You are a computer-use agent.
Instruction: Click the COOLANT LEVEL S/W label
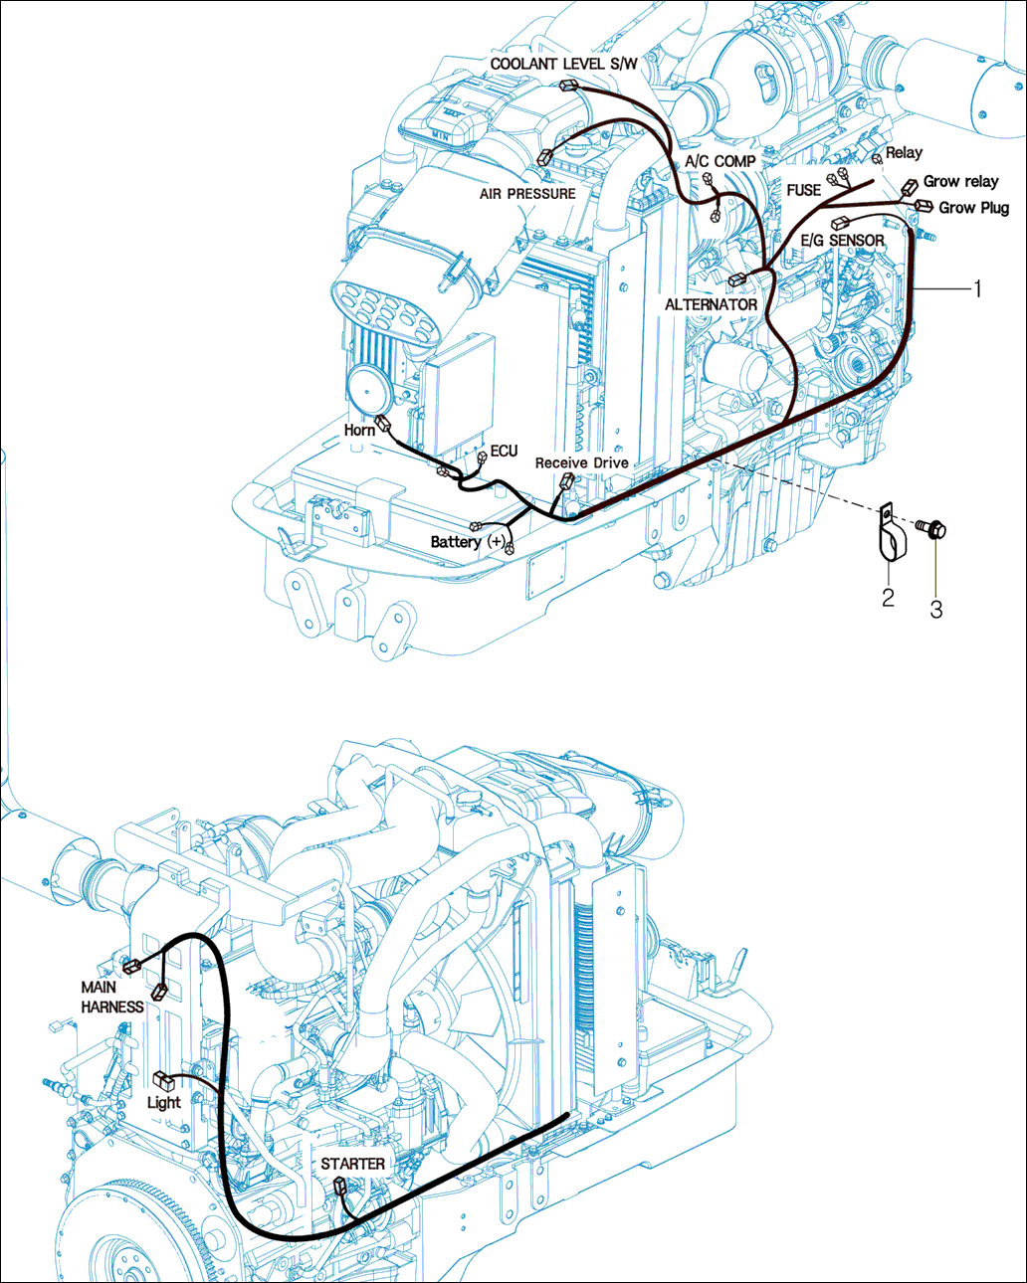(x=563, y=64)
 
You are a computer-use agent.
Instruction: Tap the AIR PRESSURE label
(x=527, y=193)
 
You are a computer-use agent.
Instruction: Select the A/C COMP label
(x=719, y=161)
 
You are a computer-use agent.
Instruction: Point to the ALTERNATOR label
(x=711, y=304)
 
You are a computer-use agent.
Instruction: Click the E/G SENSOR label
(x=842, y=241)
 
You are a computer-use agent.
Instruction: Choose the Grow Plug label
(x=973, y=208)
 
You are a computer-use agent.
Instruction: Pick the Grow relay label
(x=960, y=181)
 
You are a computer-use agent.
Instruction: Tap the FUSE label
(x=803, y=190)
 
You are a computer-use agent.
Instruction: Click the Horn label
(x=359, y=430)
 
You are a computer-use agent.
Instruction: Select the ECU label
(x=504, y=451)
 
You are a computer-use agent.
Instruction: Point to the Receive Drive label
(x=581, y=462)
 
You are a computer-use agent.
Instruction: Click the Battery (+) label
(x=467, y=542)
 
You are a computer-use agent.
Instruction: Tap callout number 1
(x=977, y=288)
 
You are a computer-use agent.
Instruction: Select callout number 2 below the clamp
(x=888, y=597)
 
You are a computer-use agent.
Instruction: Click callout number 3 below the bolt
(x=935, y=610)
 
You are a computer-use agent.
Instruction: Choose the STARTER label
(x=352, y=1163)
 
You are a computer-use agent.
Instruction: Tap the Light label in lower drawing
(x=163, y=1102)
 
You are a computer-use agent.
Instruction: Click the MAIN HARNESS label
(x=112, y=997)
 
